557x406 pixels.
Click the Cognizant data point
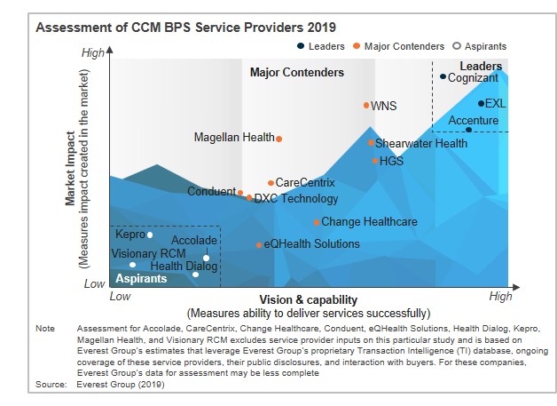[x=443, y=77]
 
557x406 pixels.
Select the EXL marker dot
[x=481, y=103]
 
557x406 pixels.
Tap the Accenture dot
[x=469, y=130]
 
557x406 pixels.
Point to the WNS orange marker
[x=366, y=105]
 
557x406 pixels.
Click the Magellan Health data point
[x=279, y=138]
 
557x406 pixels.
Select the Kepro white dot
[x=150, y=235]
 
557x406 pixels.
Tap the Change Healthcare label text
[x=369, y=222]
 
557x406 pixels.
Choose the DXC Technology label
[x=296, y=199]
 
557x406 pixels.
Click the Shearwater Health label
[x=421, y=143]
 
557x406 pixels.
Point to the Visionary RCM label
[x=148, y=253]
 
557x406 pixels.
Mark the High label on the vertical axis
[x=92, y=53]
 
